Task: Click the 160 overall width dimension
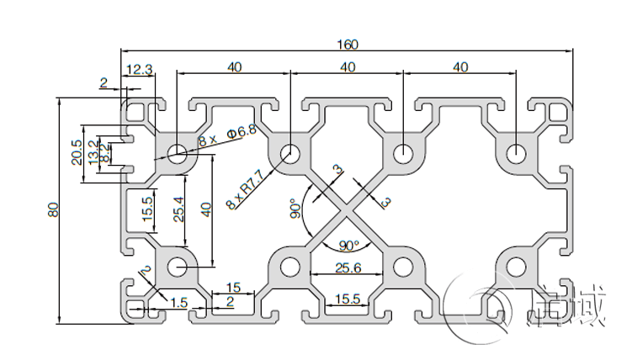point(348,44)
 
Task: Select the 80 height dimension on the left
point(52,210)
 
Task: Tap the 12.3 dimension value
point(139,69)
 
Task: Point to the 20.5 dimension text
point(77,152)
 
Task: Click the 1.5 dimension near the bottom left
point(178,302)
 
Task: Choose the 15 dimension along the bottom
point(234,288)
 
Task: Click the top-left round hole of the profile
point(178,154)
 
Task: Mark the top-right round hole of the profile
point(516,154)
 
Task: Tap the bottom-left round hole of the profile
point(178,267)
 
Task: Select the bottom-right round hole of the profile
point(516,267)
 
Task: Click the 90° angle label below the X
point(348,246)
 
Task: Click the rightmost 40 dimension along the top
point(460,67)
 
